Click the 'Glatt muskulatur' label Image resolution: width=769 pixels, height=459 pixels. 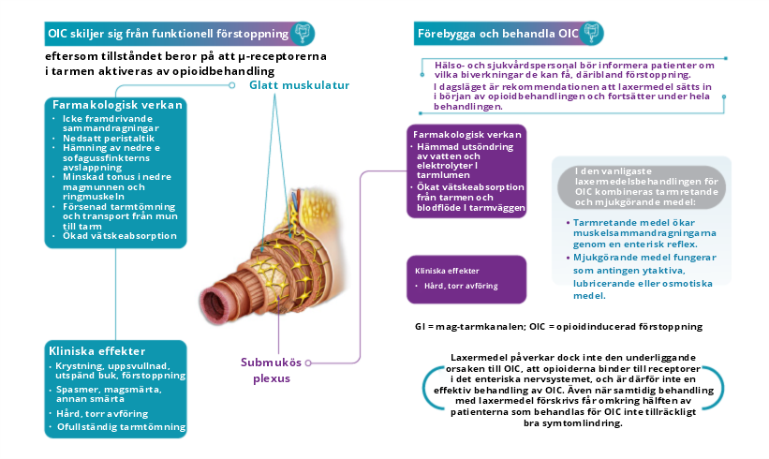[293, 86]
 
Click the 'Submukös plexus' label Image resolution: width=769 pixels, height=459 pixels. [272, 369]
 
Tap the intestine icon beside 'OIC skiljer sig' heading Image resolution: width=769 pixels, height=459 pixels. [303, 34]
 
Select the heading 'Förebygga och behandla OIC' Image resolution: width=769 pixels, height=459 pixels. [496, 35]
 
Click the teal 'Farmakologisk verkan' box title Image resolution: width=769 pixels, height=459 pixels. [117, 105]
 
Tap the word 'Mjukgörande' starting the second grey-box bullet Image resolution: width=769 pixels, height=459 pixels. [601, 256]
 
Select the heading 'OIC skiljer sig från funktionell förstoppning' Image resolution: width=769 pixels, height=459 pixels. [167, 35]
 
